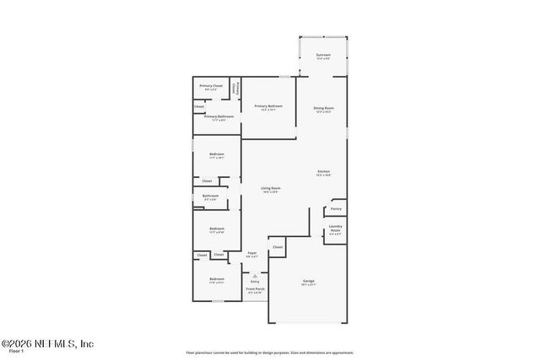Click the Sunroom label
coord(323,55)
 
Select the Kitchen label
coord(323,171)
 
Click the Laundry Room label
coord(335,230)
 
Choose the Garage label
coord(309,281)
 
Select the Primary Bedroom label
coord(268,105)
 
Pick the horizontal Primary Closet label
coord(211,86)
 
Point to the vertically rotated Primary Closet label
coord(238,88)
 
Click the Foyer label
coord(251,253)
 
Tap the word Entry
coord(254,282)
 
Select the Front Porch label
coord(254,289)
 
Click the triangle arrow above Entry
coord(254,275)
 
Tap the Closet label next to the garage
coord(277,247)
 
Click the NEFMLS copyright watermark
coord(47,343)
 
